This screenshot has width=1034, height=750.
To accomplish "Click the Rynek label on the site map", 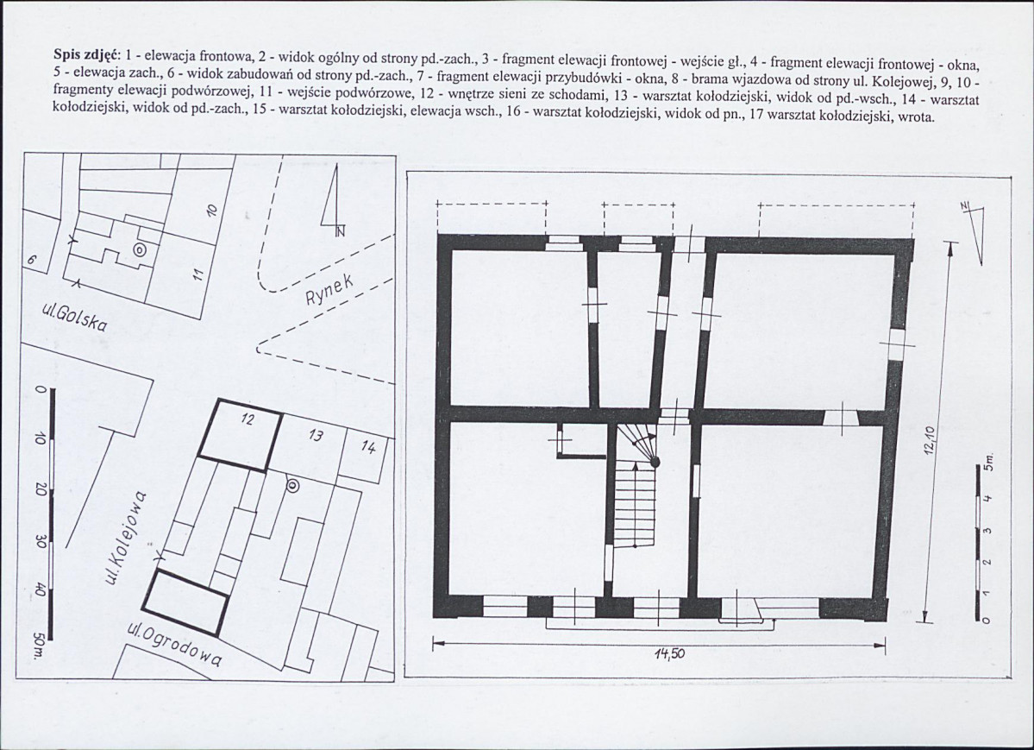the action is pyautogui.click(x=329, y=291).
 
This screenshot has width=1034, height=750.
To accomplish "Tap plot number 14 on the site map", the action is pyautogui.click(x=368, y=448).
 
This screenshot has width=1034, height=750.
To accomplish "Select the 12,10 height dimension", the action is pyautogui.click(x=930, y=440).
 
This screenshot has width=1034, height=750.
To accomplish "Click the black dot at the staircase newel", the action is pyautogui.click(x=655, y=462).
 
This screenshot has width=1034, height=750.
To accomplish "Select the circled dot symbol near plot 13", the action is pyautogui.click(x=292, y=487).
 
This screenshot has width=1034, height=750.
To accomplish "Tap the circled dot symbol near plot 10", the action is pyautogui.click(x=139, y=249).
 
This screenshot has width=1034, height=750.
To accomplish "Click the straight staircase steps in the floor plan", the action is pyautogui.click(x=636, y=505).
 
